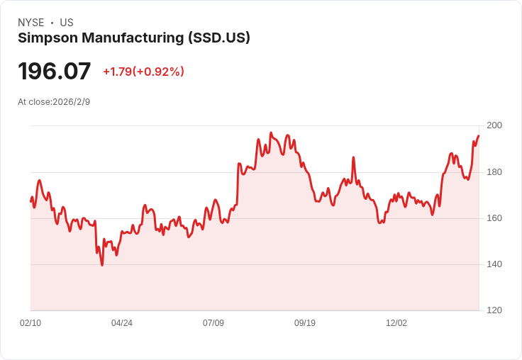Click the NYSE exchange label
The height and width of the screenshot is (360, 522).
[x=31, y=23]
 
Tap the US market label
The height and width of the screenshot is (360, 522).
[x=67, y=23]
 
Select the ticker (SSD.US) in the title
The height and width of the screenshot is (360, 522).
[x=219, y=38]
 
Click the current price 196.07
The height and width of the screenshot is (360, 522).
[x=55, y=72]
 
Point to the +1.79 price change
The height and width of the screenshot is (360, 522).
[x=117, y=72]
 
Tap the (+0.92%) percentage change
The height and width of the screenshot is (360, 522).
[x=158, y=72]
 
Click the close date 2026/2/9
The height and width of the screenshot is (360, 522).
[x=72, y=102]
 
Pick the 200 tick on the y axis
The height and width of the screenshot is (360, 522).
[x=494, y=125]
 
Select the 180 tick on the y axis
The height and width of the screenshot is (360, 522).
[x=494, y=172]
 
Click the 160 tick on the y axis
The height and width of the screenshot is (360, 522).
[x=494, y=218]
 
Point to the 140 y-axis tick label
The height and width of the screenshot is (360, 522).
[x=494, y=264]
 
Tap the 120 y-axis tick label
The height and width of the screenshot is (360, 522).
[x=494, y=310]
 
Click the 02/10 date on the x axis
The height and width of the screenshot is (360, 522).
[x=30, y=323]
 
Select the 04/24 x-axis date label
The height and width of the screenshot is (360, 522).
[x=122, y=323]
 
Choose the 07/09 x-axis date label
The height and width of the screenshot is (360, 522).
[x=213, y=323]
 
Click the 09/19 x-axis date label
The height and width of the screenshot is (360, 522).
[x=305, y=323]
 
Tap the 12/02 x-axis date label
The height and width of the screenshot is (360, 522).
[x=396, y=323]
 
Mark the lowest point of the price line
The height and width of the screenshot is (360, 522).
[x=102, y=265]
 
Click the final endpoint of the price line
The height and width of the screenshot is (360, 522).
[x=479, y=135]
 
